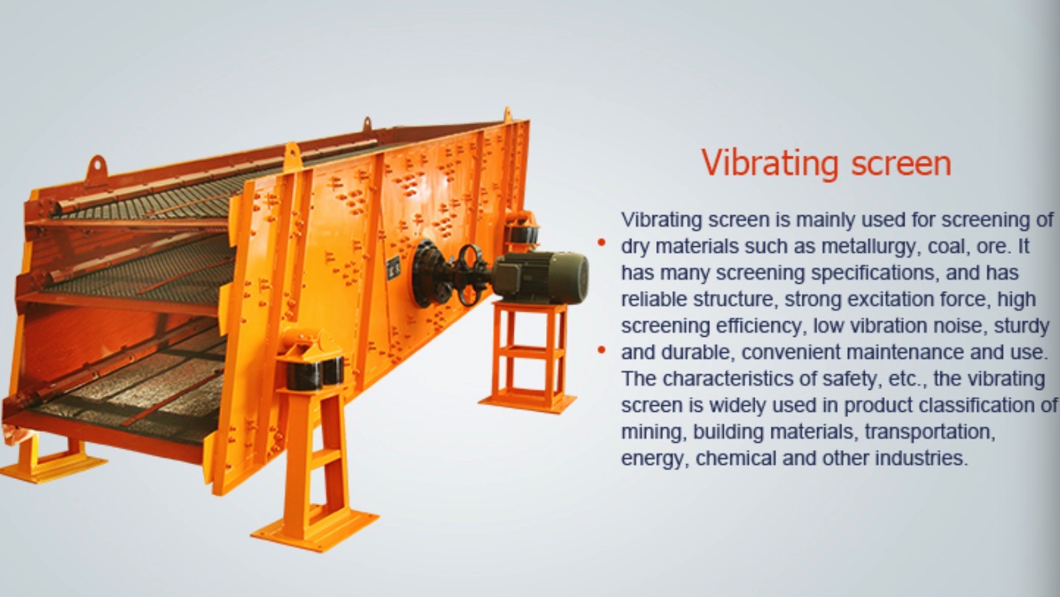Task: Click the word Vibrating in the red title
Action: (770, 163)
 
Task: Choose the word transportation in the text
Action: (929, 433)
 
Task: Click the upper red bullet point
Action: (602, 243)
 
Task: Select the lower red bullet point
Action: (602, 350)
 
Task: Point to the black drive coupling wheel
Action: (470, 275)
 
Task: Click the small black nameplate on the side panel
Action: (392, 268)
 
